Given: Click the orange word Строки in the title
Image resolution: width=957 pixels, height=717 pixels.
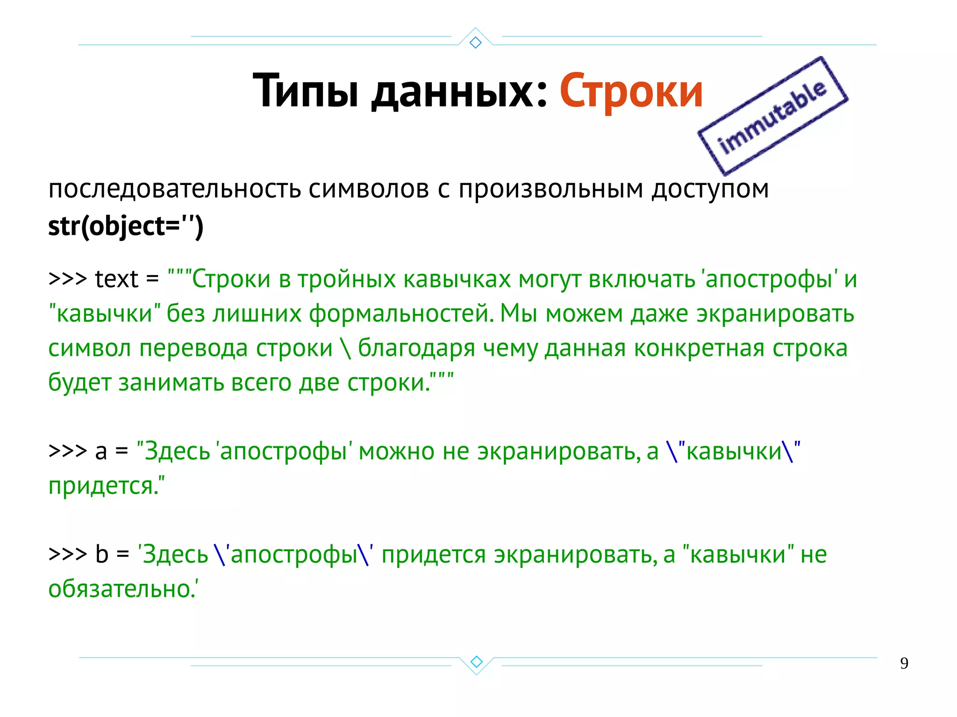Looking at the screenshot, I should coord(631,91).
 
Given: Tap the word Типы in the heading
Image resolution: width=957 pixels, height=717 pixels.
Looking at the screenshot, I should coord(306,91).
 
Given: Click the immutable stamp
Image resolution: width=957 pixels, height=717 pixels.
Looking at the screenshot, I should coord(773,116).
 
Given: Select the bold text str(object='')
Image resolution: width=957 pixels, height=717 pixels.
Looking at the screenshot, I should coord(126,227).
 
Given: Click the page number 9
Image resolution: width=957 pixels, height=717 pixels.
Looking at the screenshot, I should coord(904,663).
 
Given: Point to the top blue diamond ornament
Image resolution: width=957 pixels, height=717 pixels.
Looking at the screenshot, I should coord(475,43).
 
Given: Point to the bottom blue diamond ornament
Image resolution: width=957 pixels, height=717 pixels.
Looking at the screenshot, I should coord(476,661).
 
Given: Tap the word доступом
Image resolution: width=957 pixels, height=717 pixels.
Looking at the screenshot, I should coord(710,189).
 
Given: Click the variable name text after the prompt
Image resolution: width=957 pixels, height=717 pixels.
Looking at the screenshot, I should coord(116,279).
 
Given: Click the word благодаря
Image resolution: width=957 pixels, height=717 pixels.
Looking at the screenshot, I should coord(416,348).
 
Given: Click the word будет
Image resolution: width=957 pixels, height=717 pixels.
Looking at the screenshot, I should coord(79,383).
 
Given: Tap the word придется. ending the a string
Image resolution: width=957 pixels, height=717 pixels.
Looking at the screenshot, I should coord(106,486).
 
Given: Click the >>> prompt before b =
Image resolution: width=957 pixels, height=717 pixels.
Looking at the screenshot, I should coord(68,554).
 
